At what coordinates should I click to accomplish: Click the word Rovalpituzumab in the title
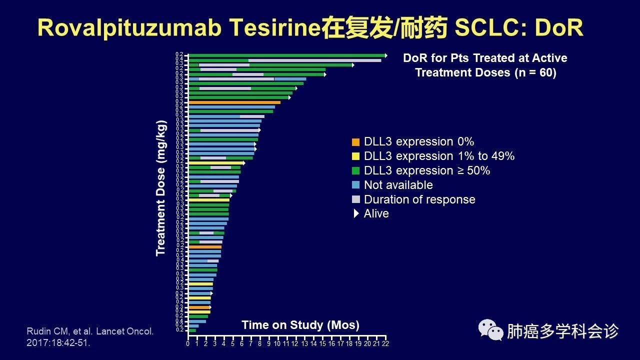(129, 28)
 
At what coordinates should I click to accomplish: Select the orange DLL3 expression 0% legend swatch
(355, 142)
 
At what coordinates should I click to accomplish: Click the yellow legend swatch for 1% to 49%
(355, 156)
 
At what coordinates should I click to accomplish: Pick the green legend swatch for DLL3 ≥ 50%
(355, 171)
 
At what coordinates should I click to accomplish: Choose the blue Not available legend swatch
(355, 185)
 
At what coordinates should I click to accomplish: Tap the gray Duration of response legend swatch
(355, 199)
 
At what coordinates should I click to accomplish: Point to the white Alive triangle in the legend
(356, 213)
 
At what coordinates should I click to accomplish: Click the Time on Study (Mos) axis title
(300, 325)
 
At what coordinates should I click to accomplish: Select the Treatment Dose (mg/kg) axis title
(160, 188)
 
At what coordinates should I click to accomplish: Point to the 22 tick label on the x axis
(385, 343)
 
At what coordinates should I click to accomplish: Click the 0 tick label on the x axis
(188, 343)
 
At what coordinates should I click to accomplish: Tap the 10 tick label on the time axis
(277, 343)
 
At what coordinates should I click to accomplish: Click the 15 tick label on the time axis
(322, 343)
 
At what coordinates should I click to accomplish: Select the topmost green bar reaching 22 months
(285, 55)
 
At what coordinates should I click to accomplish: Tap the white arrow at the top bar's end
(385, 55)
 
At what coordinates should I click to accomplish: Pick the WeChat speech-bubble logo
(491, 330)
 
